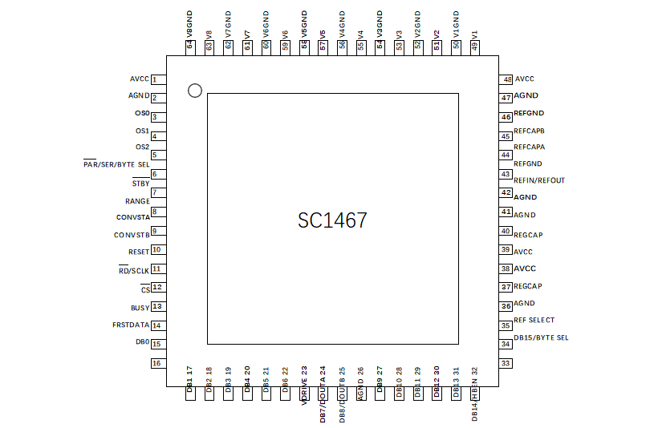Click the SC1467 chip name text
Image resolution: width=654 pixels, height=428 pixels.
[332, 220]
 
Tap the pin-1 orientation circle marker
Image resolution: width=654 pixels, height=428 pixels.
[194, 91]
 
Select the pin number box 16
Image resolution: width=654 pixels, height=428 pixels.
[158, 363]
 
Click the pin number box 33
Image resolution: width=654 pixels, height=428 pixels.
[506, 363]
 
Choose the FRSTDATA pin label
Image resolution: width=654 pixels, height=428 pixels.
[131, 325]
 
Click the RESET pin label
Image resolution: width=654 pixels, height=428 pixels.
[138, 252]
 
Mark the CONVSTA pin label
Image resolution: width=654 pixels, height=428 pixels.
[132, 217]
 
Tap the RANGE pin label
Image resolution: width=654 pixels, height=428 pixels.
[137, 201]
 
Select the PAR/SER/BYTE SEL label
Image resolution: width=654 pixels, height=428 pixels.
[116, 164]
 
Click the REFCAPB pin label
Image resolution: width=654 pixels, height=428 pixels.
[529, 131]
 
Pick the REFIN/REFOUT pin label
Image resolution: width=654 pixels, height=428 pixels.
[538, 180]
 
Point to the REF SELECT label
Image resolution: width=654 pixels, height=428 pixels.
[534, 320]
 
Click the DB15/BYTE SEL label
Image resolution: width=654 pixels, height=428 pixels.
[541, 338]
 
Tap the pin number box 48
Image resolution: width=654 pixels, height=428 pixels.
[506, 79]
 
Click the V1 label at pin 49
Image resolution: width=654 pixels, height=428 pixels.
[475, 35]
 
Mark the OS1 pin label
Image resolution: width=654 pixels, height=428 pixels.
[142, 131]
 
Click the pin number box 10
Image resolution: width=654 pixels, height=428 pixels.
[158, 250]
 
